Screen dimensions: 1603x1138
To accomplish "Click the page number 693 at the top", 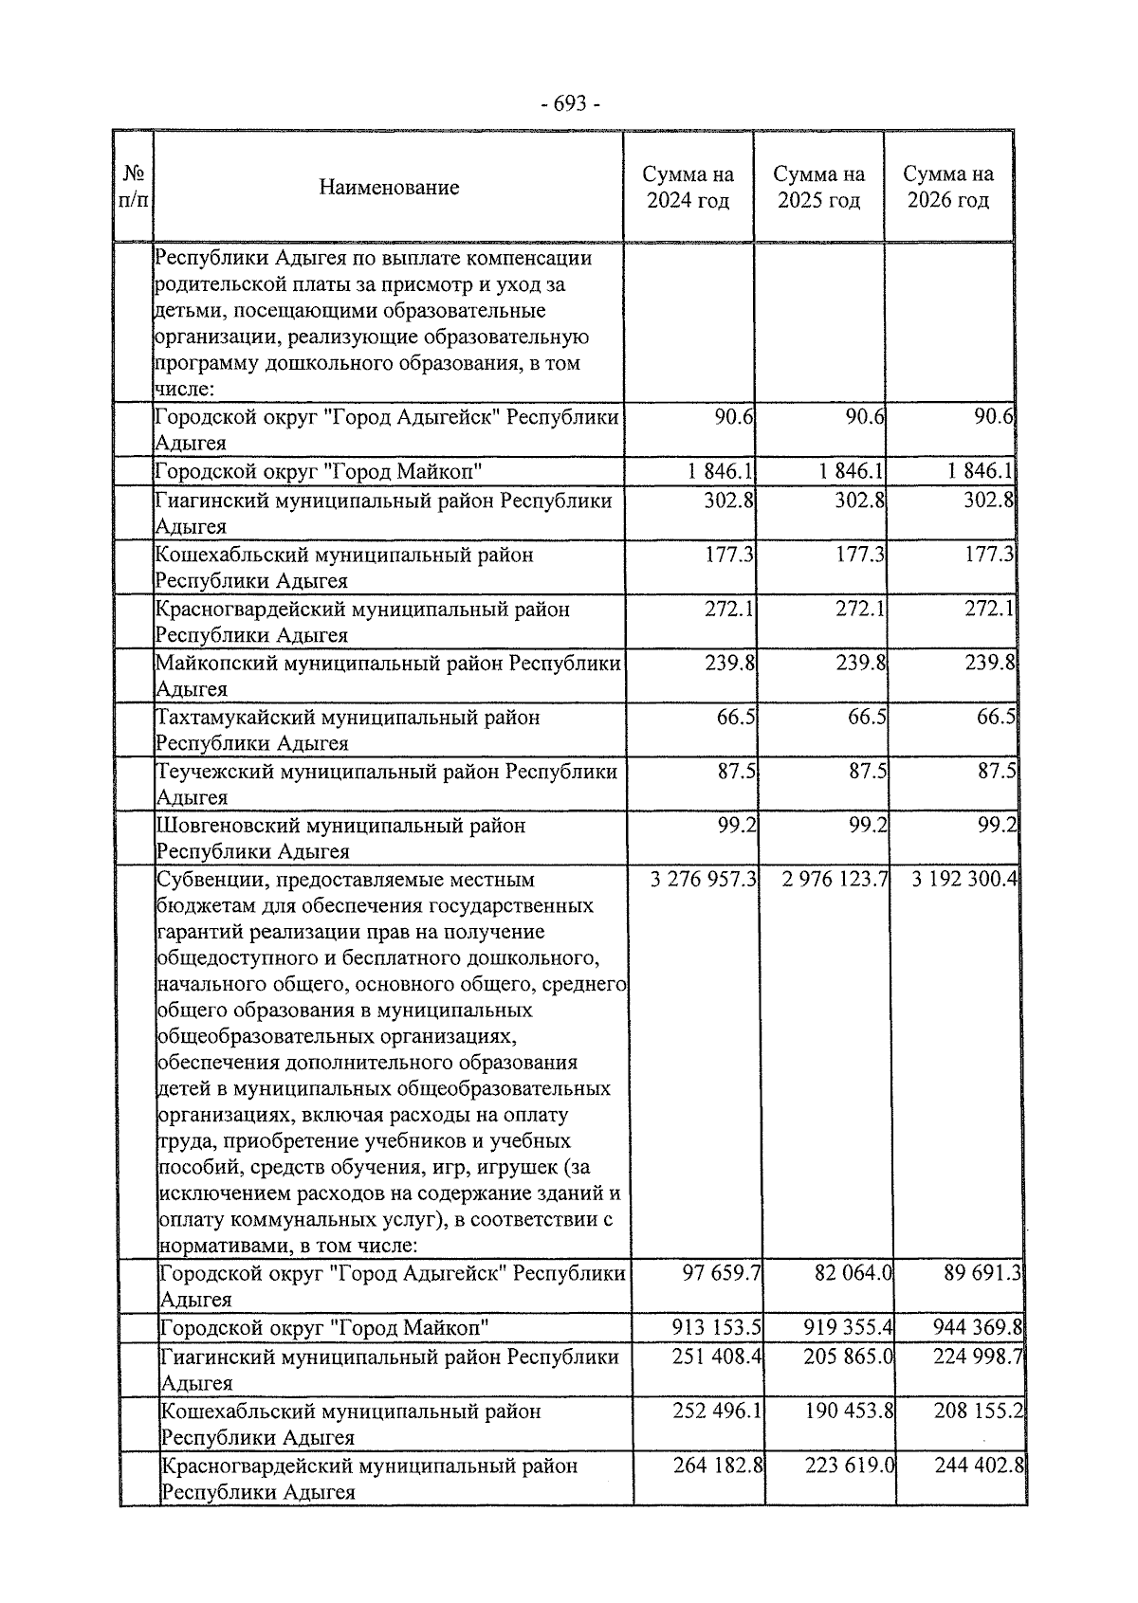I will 569,103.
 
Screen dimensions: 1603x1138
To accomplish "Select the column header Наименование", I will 389,187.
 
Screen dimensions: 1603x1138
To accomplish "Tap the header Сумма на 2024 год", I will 688,187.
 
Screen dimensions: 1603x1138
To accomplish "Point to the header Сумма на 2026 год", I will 948,187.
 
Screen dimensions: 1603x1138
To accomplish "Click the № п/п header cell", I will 134,187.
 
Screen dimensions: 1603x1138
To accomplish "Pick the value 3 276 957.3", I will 703,880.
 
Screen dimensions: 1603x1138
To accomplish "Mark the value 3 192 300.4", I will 964,880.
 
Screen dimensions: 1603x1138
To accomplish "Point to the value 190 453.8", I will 849,1412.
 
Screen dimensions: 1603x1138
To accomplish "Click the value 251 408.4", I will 717,1357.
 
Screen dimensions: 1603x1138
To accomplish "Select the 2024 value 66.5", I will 736,717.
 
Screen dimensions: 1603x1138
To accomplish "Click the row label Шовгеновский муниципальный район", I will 340,826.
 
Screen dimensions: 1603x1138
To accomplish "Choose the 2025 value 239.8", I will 860,663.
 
